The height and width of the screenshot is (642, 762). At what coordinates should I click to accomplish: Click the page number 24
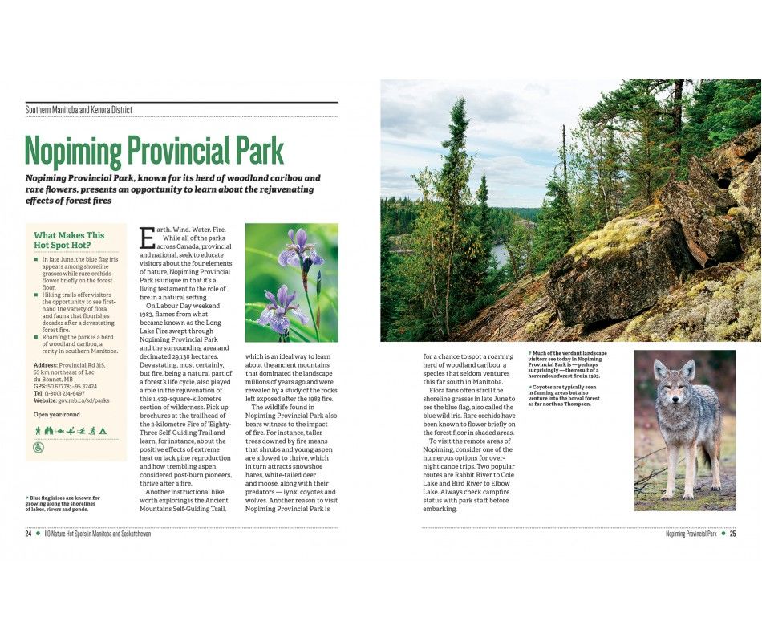tap(28, 534)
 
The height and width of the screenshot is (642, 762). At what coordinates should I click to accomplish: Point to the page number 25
tap(732, 534)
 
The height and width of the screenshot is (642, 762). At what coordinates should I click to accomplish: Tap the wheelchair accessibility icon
tap(39, 448)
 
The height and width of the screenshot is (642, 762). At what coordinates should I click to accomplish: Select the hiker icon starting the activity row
tap(38, 431)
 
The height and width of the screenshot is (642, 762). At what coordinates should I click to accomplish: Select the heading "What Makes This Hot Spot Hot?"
tap(69, 240)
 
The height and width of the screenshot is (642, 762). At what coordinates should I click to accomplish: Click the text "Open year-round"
tap(57, 414)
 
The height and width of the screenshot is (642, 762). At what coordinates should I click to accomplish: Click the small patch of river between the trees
tap(499, 255)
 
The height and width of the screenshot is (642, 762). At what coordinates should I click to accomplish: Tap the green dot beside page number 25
tap(723, 534)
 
